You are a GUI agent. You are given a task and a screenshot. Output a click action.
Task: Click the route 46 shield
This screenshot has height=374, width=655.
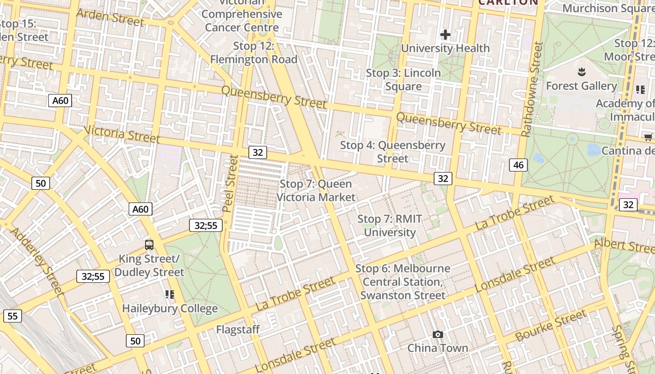[x=518, y=165]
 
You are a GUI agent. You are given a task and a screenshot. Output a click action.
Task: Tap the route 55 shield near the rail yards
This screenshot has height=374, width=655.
[x=12, y=316]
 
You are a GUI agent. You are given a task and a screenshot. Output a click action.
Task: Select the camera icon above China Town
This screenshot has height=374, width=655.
[x=437, y=334]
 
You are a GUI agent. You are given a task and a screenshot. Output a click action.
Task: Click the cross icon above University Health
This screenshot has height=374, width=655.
[x=445, y=35]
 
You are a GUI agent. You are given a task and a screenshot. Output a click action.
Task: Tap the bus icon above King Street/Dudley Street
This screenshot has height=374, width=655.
[x=149, y=245]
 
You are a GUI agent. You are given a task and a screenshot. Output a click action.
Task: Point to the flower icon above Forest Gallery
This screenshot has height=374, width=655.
[x=582, y=72]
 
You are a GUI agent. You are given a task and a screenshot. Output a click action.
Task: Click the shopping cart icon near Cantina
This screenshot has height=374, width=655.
[x=648, y=137]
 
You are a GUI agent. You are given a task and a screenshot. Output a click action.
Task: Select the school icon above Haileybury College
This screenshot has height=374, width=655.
[x=169, y=294]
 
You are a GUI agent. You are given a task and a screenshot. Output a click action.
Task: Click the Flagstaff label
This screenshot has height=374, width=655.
[x=238, y=330]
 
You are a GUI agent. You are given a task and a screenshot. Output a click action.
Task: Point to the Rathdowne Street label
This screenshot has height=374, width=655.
[x=531, y=89]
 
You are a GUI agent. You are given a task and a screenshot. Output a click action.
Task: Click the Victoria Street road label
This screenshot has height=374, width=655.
[x=123, y=134]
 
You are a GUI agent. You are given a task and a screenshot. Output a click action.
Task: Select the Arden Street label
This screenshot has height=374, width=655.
[x=110, y=18]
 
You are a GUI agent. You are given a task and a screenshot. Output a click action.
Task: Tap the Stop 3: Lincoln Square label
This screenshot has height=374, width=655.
[x=403, y=79]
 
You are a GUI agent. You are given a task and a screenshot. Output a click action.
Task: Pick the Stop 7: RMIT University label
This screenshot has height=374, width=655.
[x=390, y=225]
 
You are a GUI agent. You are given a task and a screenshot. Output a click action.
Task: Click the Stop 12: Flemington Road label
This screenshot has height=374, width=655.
[x=254, y=52]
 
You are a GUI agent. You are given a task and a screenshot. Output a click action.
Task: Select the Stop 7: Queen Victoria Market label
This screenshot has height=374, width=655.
[x=316, y=190]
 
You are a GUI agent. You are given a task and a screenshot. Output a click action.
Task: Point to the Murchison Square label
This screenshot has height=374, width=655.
[x=608, y=8]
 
